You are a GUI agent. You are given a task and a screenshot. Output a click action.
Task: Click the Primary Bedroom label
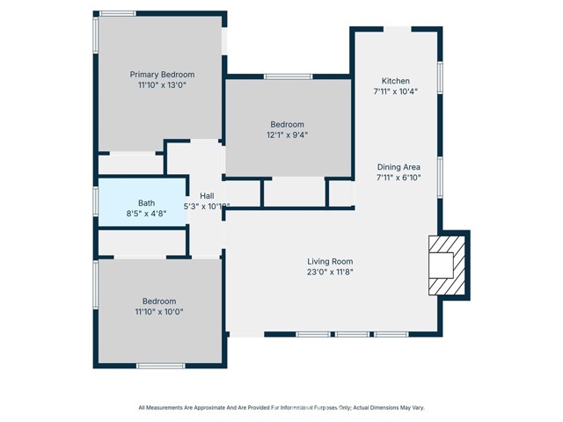pos(162,75)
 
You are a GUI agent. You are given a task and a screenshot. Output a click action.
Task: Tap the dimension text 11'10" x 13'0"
pos(162,86)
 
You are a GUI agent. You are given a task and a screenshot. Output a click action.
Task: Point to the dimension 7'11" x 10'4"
pos(395,91)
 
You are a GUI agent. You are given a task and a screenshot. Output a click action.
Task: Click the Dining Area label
pos(398,167)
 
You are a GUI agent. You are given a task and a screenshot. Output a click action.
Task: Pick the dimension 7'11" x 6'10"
pos(398,178)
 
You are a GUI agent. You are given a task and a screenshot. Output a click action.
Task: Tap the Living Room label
pos(330,261)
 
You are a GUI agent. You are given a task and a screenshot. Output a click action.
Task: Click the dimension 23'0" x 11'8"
pos(330,272)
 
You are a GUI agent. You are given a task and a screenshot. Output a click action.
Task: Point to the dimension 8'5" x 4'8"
pos(146,213)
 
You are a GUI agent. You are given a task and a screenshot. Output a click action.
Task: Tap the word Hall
pos(207,195)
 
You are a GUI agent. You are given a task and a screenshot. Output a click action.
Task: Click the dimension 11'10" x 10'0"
pos(159,311)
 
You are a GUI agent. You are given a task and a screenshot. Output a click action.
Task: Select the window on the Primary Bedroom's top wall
pos(117,13)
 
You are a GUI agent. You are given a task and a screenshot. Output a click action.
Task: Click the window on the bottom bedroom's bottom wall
pos(160,365)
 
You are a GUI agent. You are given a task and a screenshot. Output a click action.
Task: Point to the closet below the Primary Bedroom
pos(129,164)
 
